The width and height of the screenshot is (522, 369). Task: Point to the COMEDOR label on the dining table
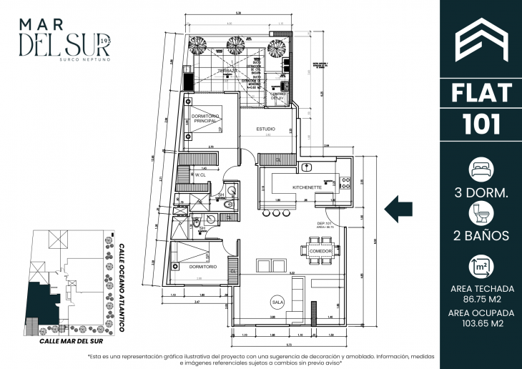(x=318, y=251)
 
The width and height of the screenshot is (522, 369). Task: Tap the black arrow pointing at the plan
(x=399, y=210)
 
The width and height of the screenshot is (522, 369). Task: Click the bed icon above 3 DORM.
(x=478, y=169)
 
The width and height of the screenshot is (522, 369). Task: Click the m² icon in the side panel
(x=478, y=267)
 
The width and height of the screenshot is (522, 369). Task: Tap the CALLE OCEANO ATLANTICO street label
(x=121, y=285)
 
